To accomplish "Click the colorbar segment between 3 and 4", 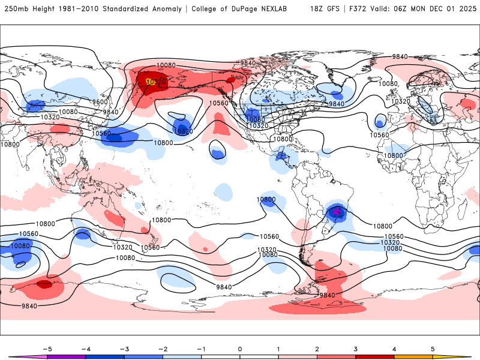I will point(374,356).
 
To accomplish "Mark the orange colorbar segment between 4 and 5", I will point(413,356).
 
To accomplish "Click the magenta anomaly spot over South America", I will point(337,211).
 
